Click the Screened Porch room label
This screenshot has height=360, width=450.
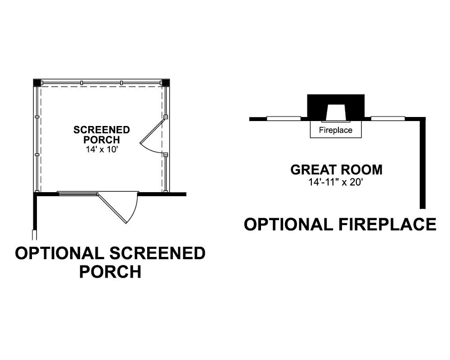[x=102, y=135]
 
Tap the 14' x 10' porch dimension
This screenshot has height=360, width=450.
[x=102, y=149]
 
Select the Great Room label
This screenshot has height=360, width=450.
[x=336, y=170]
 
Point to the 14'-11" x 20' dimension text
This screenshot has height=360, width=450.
[x=336, y=182]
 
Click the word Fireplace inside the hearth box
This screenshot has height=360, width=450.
[x=336, y=130]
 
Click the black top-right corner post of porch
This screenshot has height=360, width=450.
[x=166, y=83]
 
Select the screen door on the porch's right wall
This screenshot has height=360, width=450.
[x=152, y=137]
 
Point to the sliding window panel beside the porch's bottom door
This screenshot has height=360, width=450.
[x=78, y=194]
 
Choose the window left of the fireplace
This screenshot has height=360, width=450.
[x=283, y=118]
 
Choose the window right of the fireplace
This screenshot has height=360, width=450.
[x=388, y=118]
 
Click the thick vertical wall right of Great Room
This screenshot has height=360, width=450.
[x=423, y=163]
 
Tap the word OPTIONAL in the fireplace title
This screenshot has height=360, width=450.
[x=288, y=225]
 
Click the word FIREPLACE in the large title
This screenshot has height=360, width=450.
[x=388, y=225]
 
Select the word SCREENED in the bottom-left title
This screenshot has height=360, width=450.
[x=157, y=253]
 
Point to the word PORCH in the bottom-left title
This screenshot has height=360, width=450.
[x=110, y=272]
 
